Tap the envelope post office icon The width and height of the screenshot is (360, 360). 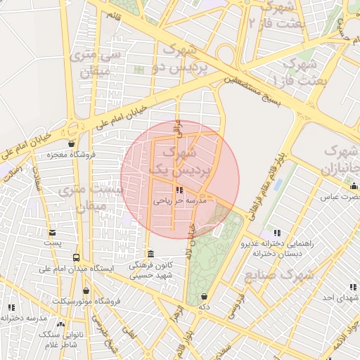pyautogui.click(x=52, y=233)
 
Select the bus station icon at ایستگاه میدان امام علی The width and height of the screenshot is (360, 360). pyautogui.click(x=76, y=257)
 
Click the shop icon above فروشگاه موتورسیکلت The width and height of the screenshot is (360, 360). pyautogui.click(x=86, y=290)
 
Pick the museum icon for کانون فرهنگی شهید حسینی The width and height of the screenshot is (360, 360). pyautogui.click(x=150, y=254)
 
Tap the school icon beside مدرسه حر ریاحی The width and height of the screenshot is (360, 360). pyautogui.click(x=181, y=190)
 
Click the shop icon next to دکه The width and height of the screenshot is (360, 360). pyautogui.click(x=204, y=297)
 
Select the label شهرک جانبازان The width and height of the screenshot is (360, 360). pyautogui.click(x=340, y=160)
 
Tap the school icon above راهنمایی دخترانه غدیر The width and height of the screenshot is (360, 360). pyautogui.click(x=276, y=233)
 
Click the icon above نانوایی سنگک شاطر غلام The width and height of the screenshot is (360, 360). pyautogui.click(x=61, y=324)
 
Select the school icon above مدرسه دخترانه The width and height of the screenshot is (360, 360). pyautogui.click(x=11, y=307)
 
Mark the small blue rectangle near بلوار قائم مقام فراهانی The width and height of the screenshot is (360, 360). pyautogui.click(x=278, y=184)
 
